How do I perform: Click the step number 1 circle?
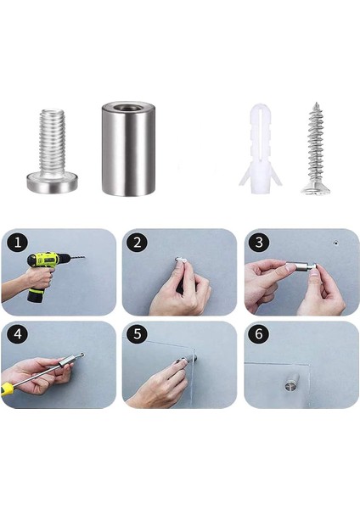coord(15,243)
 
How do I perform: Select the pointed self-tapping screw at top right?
coord(313,148)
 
